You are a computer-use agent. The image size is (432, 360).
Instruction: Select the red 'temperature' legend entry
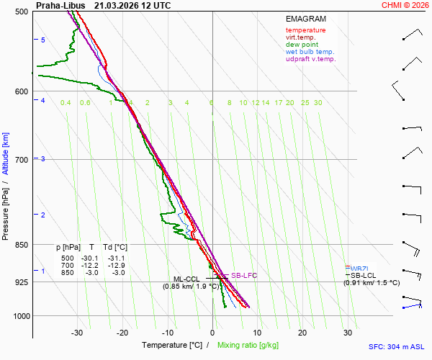305,30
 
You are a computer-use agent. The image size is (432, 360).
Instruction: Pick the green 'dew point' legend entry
302,45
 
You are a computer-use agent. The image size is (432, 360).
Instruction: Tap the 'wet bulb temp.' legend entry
310,52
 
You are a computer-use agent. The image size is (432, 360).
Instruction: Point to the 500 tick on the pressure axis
22,12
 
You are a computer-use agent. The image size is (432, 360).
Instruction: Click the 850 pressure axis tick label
22,245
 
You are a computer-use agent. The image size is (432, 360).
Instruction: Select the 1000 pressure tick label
20,316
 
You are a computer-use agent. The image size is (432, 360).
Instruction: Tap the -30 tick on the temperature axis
77,333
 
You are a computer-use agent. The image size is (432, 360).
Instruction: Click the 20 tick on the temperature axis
302,333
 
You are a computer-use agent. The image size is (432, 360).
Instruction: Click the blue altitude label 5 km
43,40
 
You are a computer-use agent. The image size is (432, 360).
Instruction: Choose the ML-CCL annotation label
186,279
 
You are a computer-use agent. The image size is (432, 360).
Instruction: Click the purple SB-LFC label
244,276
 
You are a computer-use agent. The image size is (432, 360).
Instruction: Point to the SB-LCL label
364,275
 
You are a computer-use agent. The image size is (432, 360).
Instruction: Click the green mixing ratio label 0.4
66,103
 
